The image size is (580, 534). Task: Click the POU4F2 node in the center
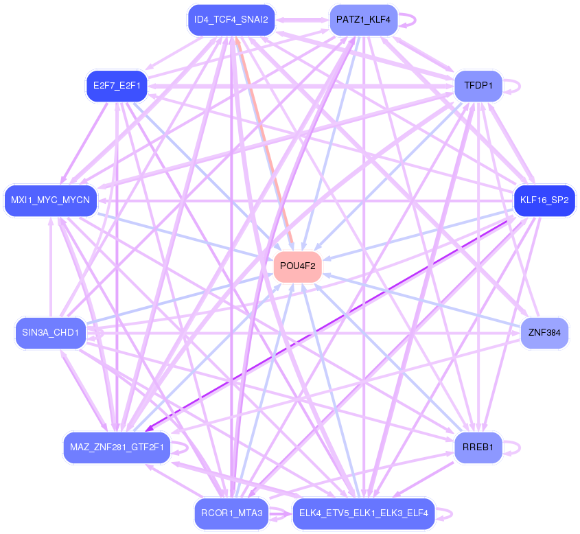298,266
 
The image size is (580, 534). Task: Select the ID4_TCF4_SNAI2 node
231,20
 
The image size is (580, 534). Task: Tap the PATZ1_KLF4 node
363,20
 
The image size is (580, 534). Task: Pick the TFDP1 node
478,86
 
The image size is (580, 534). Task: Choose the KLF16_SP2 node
544,200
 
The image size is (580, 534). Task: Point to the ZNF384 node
544,334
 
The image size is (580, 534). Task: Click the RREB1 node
478,448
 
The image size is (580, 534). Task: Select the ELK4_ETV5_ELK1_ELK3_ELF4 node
363,513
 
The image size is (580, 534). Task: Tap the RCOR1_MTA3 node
231,513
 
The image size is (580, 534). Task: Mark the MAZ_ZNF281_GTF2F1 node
117,448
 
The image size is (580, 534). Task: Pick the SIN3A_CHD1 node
50,334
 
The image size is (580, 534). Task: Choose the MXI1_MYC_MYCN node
50,200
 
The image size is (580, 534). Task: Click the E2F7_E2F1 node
117,86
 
